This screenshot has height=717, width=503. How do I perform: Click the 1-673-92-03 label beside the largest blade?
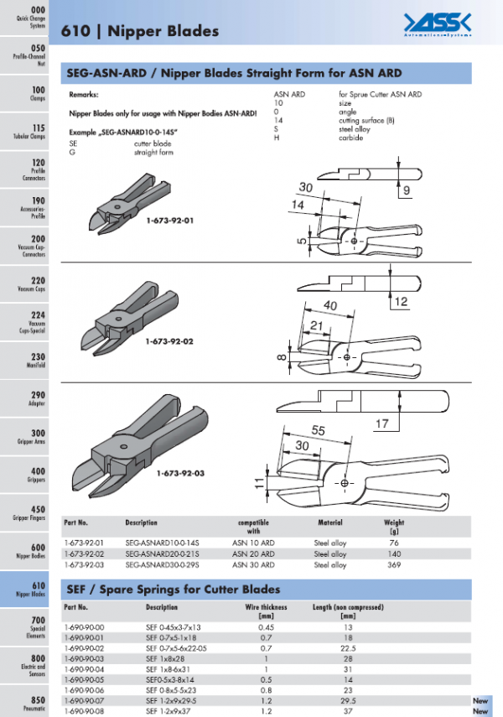click(180, 473)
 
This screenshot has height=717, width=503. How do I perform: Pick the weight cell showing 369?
click(393, 565)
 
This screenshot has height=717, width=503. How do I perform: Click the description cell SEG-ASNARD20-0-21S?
click(158, 554)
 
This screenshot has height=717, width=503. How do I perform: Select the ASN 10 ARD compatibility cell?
click(252, 543)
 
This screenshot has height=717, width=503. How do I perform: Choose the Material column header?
click(330, 522)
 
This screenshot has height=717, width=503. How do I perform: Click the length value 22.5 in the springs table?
click(349, 648)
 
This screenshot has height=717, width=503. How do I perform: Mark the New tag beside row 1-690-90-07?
click(480, 701)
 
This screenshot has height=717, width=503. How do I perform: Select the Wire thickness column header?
click(266, 607)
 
